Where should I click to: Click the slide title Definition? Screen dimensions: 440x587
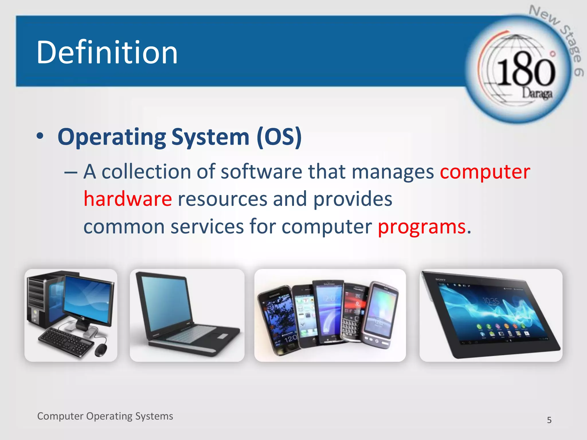pos(107,52)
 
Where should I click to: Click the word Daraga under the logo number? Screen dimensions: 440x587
pos(537,93)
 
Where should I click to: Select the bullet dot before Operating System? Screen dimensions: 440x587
pos(40,136)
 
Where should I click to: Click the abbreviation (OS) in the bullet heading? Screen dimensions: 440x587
pos(279,137)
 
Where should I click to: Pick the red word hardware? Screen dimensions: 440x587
pos(128,199)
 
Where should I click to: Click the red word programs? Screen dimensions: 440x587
pos(422,227)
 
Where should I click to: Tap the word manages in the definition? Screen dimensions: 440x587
pos(393,172)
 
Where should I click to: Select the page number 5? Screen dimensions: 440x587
pos(549,420)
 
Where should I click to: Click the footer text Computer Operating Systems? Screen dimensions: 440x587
pos(105,416)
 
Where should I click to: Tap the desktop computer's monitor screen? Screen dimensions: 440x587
pos(87,299)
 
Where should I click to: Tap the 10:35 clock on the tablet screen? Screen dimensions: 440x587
pos(490,300)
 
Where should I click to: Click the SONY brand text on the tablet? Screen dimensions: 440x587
pos(441,279)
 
